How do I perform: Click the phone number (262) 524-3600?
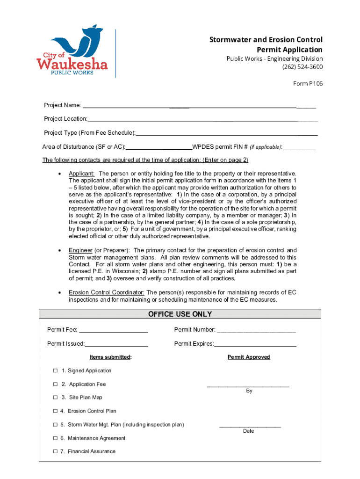coord(302,67)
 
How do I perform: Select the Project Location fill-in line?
coord(202,121)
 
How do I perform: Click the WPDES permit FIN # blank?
coord(299,149)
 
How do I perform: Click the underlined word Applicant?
coord(82,174)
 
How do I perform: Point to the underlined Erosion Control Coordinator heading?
coord(107,293)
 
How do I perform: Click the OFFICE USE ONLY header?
coord(180,314)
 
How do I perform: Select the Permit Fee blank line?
coord(114,332)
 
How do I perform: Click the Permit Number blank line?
coord(256,332)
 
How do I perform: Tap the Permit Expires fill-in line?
coord(255,346)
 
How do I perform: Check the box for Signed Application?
coord(55,371)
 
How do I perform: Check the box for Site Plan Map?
coord(55,398)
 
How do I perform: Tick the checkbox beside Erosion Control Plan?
coord(55,411)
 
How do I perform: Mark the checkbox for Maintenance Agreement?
coord(55,438)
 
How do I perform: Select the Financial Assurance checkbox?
coord(55,452)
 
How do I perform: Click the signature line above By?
coord(248,386)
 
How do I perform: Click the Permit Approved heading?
coord(249,357)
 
